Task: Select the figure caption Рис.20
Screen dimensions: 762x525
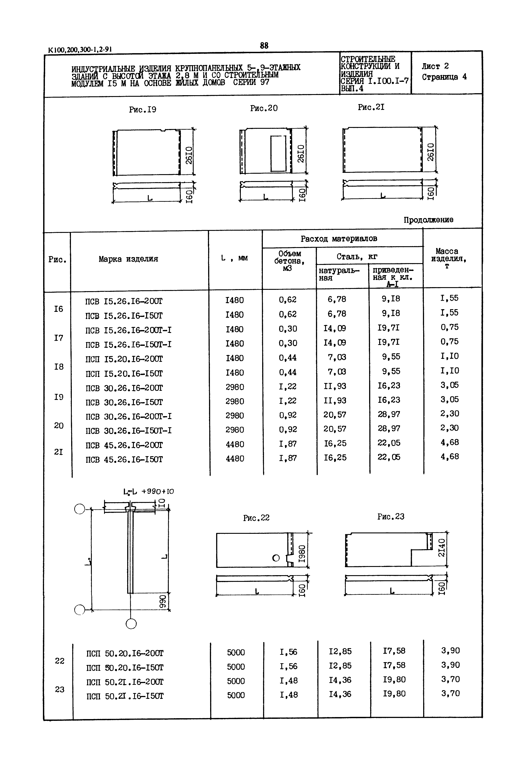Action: coord(264,108)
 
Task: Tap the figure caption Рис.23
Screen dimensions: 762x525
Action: coord(391,516)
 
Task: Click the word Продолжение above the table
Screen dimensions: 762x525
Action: coord(428,220)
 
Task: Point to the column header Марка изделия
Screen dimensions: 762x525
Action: coord(128,259)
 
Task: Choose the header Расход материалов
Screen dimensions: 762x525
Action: coord(339,238)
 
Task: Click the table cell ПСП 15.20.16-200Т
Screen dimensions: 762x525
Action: coord(124,359)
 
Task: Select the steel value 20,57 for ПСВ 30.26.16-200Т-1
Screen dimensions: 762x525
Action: coord(335,415)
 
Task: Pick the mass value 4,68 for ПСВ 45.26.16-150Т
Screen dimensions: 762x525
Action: coord(450,457)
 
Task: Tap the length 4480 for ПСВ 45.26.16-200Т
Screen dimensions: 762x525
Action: coord(235,444)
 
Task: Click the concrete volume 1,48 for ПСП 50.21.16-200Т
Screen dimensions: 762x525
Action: coord(288,680)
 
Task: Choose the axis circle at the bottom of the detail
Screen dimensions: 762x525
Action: coord(131,624)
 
